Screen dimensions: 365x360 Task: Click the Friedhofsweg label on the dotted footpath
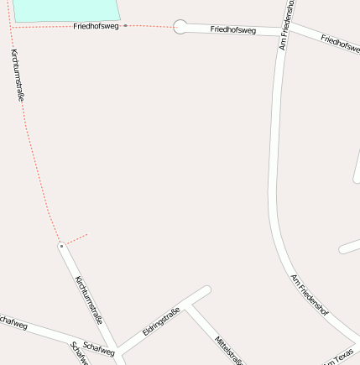[96, 27]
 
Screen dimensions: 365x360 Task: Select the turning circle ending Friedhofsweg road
[180, 27]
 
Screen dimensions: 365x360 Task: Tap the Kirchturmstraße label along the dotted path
[18, 76]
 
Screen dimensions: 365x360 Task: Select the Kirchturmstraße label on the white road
[89, 300]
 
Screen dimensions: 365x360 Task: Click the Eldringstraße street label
[161, 322]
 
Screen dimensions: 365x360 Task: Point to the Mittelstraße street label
[228, 350]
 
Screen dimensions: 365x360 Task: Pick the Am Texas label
[341, 357]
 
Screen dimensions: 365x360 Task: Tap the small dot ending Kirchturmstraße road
[61, 246]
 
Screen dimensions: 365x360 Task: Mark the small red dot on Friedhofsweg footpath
[126, 26]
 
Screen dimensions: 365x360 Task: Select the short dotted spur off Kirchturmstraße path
[76, 239]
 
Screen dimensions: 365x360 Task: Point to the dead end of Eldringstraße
[206, 291]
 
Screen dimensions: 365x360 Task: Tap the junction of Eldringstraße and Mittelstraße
[187, 305]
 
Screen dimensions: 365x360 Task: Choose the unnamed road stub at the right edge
[349, 248]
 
